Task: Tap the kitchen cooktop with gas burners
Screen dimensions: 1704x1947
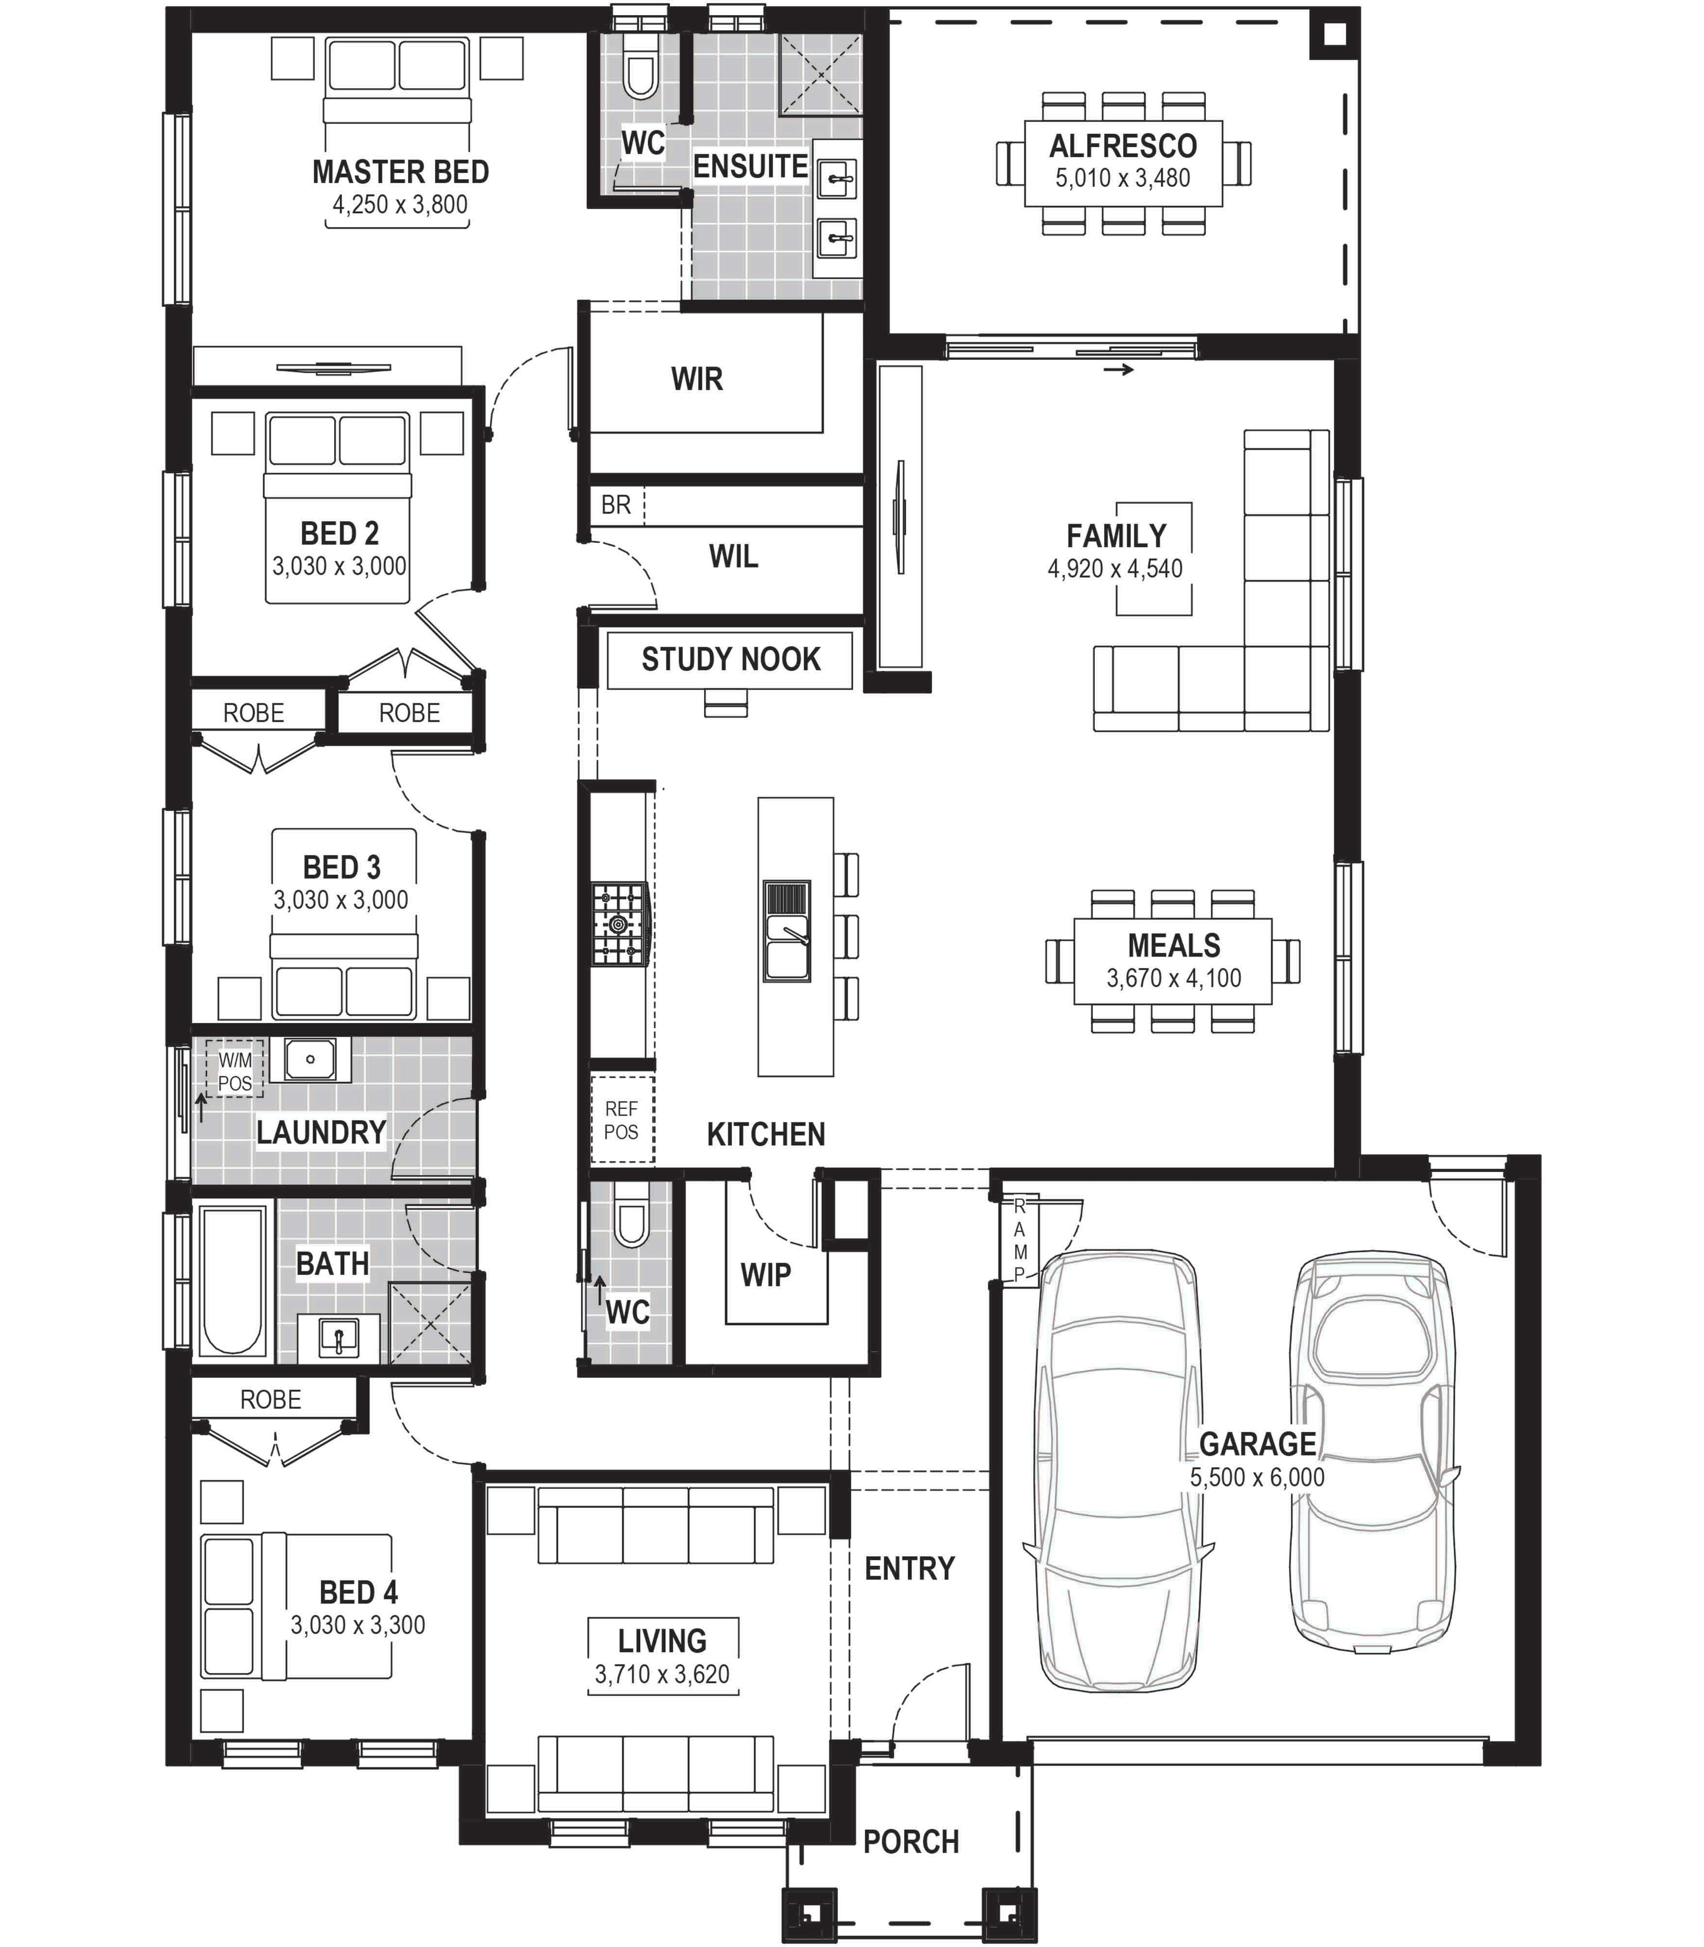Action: point(620,923)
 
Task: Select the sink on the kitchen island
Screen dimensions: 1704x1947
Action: point(786,931)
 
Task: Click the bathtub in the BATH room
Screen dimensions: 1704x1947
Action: point(233,1281)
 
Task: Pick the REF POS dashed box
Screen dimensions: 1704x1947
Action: point(622,1119)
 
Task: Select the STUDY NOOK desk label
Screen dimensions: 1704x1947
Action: point(730,659)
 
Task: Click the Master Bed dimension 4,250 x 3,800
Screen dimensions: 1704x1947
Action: point(399,204)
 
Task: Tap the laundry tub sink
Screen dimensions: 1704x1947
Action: point(310,1059)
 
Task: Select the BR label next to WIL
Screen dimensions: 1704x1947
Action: point(615,505)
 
